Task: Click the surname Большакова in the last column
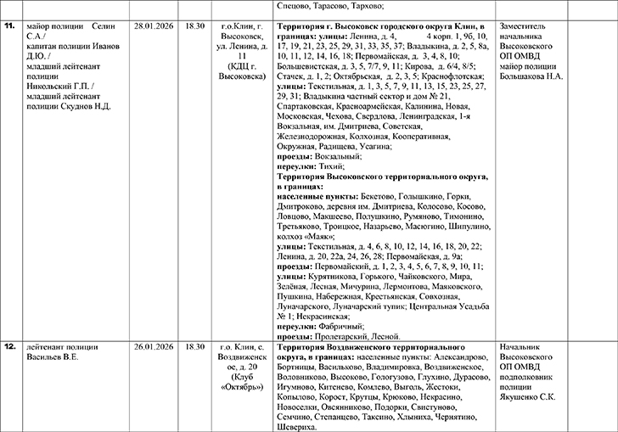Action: tap(533, 76)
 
